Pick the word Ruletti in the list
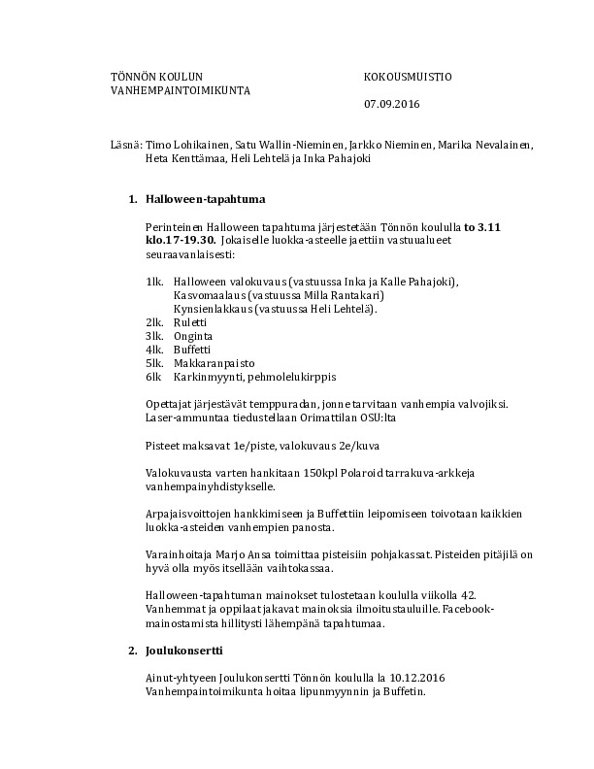click(190, 321)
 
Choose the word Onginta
click(192, 335)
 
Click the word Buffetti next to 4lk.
click(192, 349)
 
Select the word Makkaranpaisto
click(210, 362)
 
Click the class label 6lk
click(152, 376)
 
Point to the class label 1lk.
click(153, 282)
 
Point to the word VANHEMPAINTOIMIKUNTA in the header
click(181, 90)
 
